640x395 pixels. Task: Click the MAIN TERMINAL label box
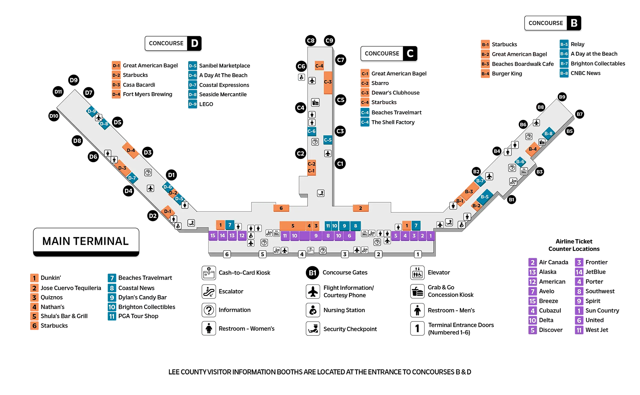click(x=86, y=241)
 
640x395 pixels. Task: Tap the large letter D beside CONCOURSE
click(x=194, y=43)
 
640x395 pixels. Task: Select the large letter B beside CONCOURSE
click(x=574, y=23)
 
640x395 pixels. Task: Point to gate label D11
click(x=58, y=92)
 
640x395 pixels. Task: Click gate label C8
click(x=311, y=41)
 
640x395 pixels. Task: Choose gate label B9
click(x=562, y=97)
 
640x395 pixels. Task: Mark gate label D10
click(x=54, y=116)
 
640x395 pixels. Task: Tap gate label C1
click(x=340, y=164)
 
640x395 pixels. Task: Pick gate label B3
click(x=539, y=172)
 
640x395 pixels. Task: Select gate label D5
click(x=117, y=122)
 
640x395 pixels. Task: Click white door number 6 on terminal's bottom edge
click(x=227, y=254)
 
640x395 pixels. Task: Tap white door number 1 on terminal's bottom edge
click(x=418, y=254)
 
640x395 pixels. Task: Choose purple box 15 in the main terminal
click(x=213, y=236)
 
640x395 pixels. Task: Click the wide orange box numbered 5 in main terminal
click(x=293, y=226)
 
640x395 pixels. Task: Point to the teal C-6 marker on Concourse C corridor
click(x=311, y=131)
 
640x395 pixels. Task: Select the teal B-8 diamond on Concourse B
click(x=548, y=134)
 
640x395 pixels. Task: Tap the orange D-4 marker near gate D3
click(x=131, y=150)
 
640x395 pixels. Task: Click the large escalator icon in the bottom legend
click(x=209, y=292)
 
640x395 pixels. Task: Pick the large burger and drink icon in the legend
click(x=417, y=292)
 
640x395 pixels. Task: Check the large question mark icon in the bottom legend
click(x=209, y=310)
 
